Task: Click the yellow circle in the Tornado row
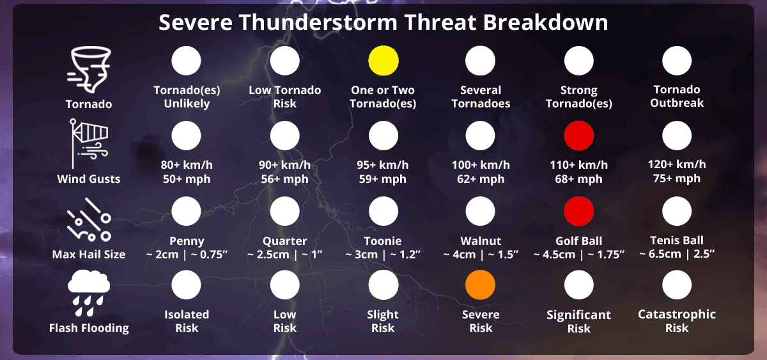383,61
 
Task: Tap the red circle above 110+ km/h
578,136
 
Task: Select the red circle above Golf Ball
578,211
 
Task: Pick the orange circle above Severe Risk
480,285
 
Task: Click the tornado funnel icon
89,70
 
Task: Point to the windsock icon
89,143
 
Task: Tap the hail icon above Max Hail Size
89,219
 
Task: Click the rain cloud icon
89,293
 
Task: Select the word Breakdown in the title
545,22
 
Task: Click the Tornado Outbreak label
677,97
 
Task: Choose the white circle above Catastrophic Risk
677,285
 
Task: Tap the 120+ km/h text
677,164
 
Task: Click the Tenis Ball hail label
677,240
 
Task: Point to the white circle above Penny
186,211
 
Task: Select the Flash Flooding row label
89,328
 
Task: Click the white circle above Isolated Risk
186,285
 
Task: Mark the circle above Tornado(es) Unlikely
186,61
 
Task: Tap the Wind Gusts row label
89,179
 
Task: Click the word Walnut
481,241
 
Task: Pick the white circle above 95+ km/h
383,136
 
